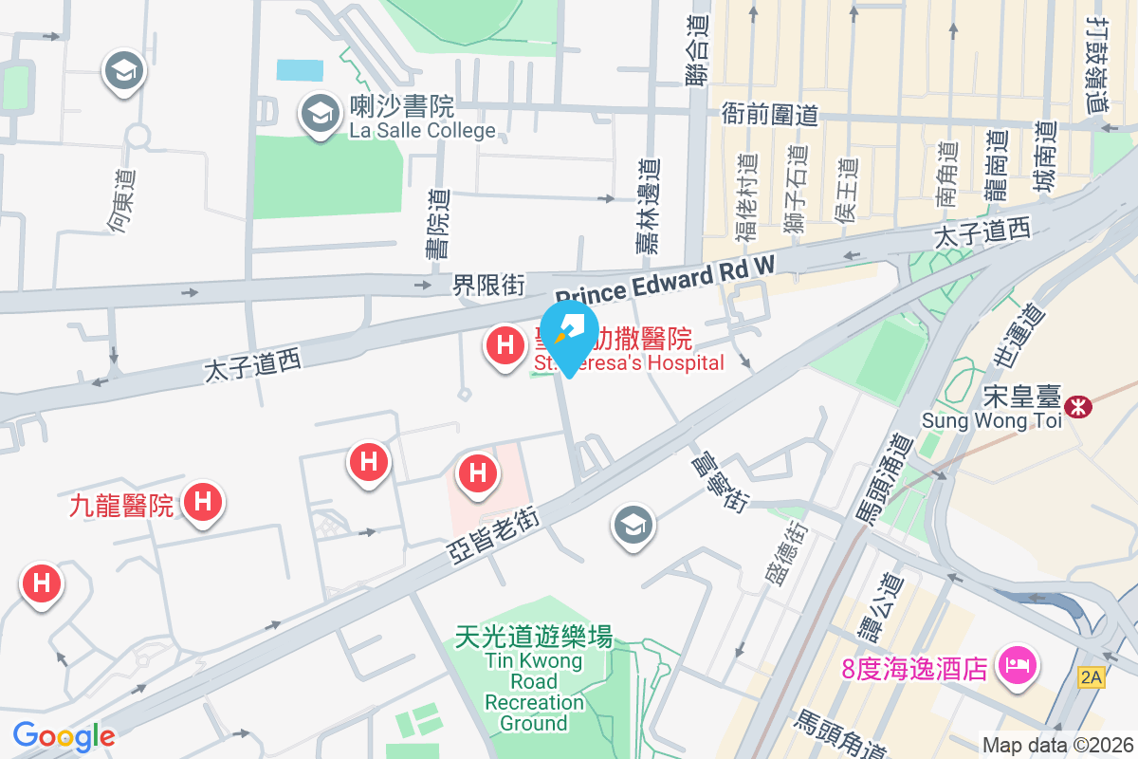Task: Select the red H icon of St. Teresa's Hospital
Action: click(505, 344)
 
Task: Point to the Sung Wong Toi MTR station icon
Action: click(1077, 407)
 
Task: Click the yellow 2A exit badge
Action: click(1092, 676)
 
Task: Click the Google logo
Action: click(64, 736)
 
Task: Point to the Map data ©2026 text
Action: click(1057, 746)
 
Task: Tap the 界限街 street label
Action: click(487, 284)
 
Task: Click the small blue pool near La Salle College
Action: click(300, 69)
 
